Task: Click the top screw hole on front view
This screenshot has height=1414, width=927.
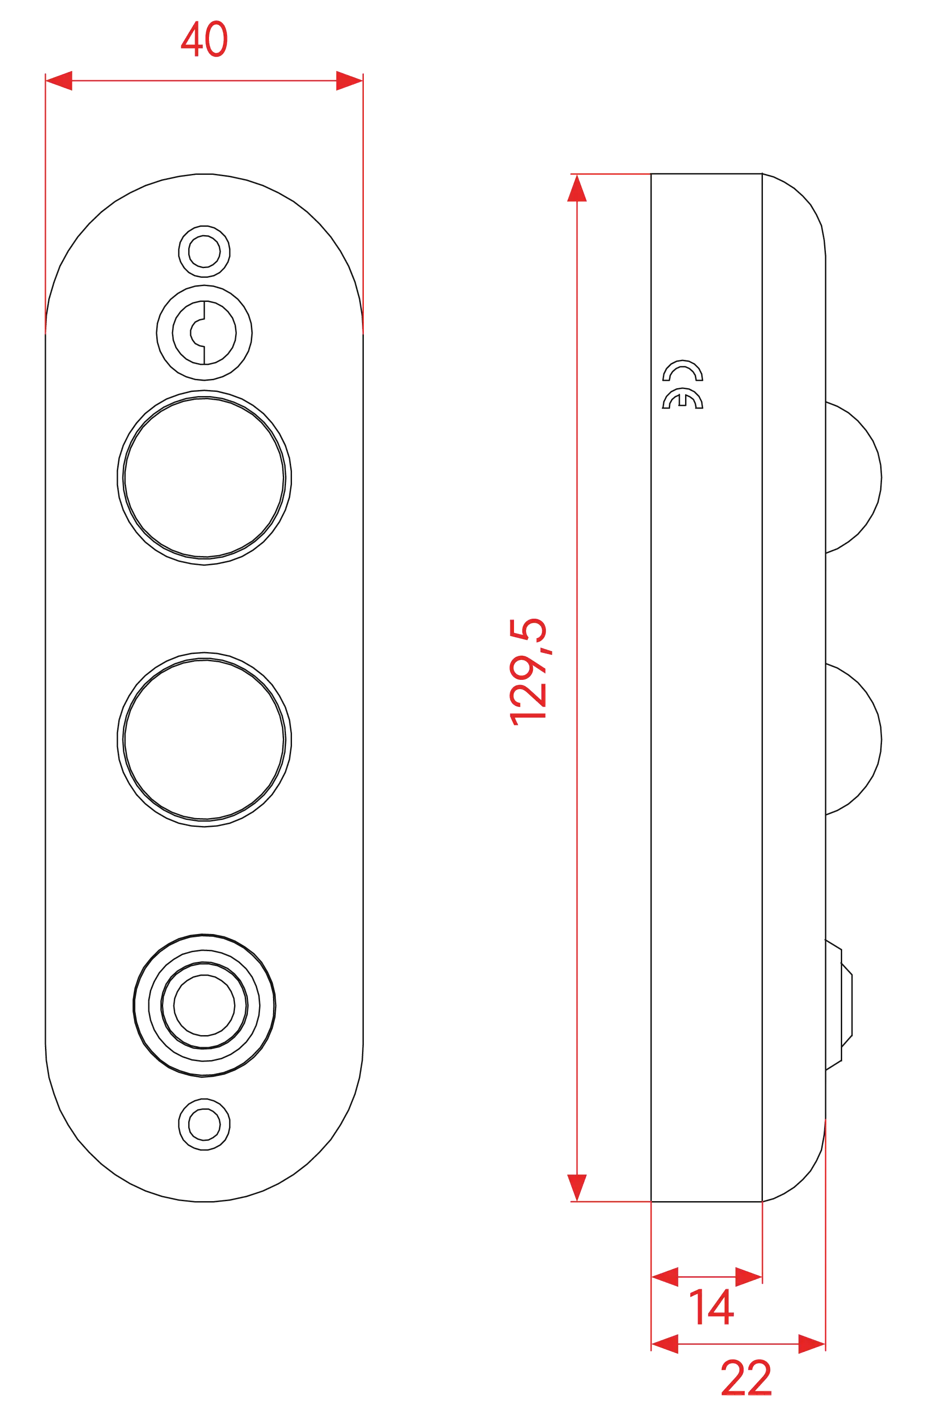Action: [x=205, y=250]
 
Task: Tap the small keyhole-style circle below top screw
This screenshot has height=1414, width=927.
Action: [x=205, y=333]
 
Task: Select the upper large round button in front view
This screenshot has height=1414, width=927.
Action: [x=203, y=478]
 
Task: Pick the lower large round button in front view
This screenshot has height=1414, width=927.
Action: [x=203, y=738]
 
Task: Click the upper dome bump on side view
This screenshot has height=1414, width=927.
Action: [x=854, y=478]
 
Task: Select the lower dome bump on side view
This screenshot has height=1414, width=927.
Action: [x=854, y=738]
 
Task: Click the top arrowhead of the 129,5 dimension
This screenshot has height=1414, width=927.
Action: [x=577, y=190]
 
